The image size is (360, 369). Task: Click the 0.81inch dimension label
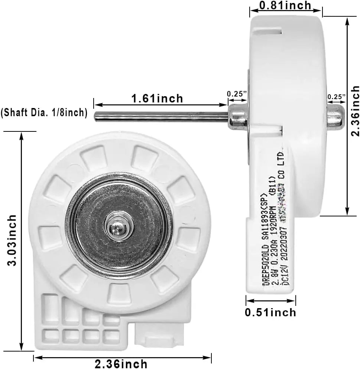[x=285, y=6]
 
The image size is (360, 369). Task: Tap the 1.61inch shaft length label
[x=157, y=98]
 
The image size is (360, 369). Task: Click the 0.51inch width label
[x=270, y=312]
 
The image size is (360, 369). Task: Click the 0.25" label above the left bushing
[x=237, y=94]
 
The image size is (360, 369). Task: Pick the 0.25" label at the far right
[x=336, y=97]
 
